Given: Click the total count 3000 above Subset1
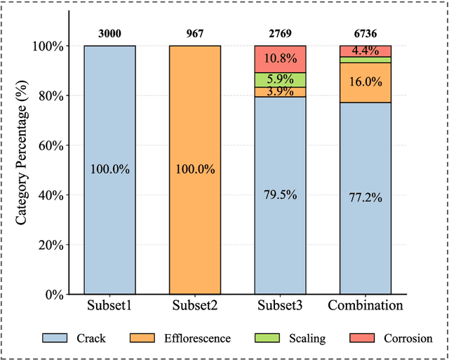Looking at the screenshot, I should pos(110,32).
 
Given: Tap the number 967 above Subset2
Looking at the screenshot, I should pos(195,32).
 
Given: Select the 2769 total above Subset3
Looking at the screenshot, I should pos(280,32).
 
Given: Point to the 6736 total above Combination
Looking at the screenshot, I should pos(365,32).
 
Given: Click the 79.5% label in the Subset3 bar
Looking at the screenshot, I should pos(280,195).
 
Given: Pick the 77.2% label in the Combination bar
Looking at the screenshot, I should pos(365,198).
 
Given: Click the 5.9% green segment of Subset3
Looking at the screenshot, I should pos(280,80).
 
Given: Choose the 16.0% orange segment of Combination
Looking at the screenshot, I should pos(365,82).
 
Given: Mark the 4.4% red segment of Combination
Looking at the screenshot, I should pos(365,51).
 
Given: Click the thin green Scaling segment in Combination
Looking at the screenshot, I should pos(365,60).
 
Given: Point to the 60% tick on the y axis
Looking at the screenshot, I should pos(51,145).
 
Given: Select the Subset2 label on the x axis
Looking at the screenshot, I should pos(195,306).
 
